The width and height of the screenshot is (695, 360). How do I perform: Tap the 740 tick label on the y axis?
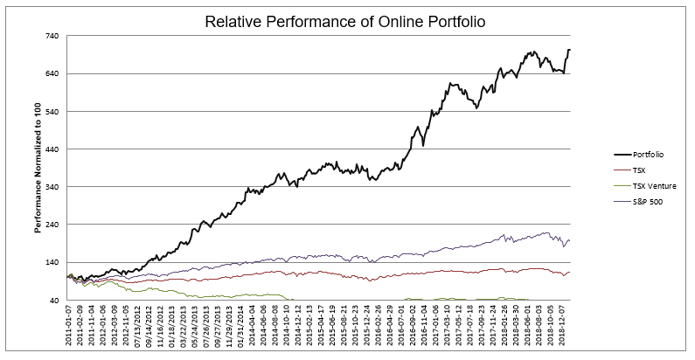point(52,36)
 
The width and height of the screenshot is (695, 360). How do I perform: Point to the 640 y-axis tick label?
point(52,73)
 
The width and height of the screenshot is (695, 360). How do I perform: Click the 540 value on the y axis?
point(52,112)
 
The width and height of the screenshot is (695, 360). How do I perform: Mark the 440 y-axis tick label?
point(52,149)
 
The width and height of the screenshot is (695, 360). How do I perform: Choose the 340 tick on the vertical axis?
point(52,187)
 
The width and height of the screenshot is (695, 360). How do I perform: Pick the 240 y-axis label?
point(52,225)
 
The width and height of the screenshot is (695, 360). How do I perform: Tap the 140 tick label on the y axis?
point(52,263)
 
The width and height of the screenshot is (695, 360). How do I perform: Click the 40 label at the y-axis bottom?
point(54,301)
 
